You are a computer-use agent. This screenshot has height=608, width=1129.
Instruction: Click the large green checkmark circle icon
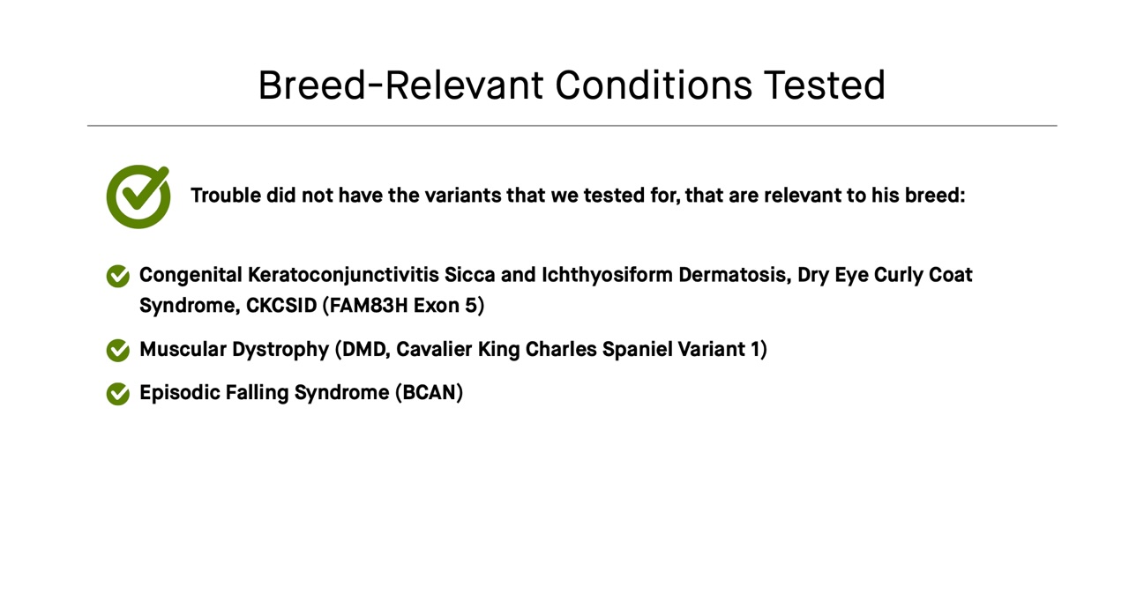[138, 197]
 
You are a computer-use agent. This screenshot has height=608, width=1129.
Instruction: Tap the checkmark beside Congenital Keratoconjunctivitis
[118, 277]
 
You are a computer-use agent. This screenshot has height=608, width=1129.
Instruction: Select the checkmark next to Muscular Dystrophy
[118, 351]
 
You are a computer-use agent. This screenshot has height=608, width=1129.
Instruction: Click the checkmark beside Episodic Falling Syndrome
[118, 394]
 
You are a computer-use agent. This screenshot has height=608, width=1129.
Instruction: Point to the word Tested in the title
[824, 85]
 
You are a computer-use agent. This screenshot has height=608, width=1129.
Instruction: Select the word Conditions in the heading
[654, 85]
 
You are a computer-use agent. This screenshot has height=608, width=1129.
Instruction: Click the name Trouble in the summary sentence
[226, 196]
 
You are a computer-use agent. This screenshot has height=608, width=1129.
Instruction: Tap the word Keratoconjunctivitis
[343, 275]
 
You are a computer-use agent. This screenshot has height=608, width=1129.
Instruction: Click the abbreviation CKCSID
[281, 306]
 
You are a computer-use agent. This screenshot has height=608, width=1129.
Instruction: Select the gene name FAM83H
[365, 306]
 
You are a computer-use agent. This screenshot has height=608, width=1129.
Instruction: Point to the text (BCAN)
[429, 393]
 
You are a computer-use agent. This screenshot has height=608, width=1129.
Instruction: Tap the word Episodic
[179, 393]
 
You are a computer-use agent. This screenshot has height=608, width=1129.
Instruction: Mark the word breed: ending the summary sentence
[935, 196]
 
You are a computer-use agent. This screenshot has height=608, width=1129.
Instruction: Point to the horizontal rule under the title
[572, 126]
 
